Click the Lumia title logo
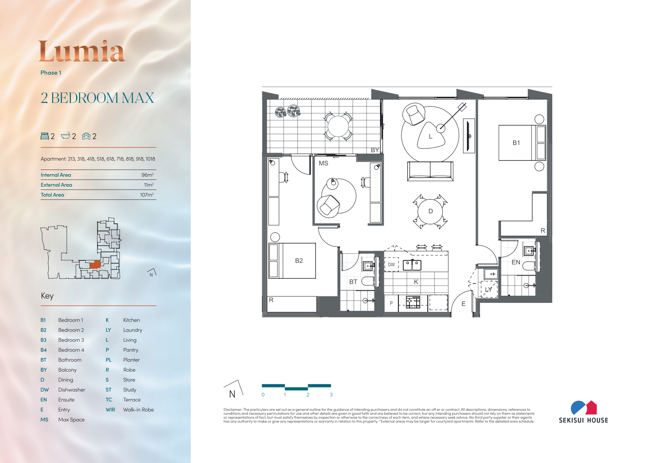(82, 51)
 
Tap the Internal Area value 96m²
(148, 175)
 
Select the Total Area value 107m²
(147, 195)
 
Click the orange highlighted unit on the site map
(95, 265)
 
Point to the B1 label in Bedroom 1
(516, 143)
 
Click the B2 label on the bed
(299, 260)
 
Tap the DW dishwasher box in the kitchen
(391, 264)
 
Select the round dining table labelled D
(430, 211)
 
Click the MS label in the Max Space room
(323, 163)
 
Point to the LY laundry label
(488, 290)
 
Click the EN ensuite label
(516, 262)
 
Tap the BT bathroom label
(353, 282)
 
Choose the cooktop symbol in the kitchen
(413, 302)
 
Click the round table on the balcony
(338, 126)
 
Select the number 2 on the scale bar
(308, 395)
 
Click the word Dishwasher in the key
(72, 390)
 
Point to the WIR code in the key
(110, 410)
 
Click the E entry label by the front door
(463, 304)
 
